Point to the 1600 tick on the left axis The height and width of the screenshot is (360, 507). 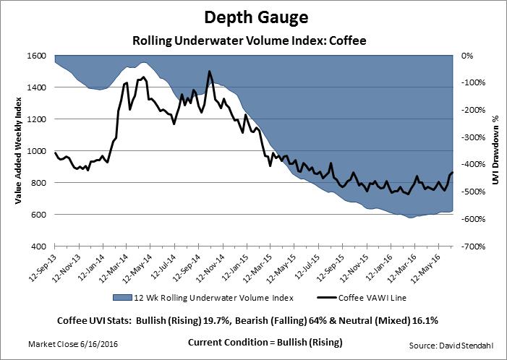pyautogui.click(x=38, y=56)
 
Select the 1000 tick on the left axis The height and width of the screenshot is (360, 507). pyautogui.click(x=38, y=151)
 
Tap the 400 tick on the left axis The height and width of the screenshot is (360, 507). pyautogui.click(x=40, y=247)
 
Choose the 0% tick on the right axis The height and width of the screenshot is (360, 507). pyautogui.click(x=467, y=56)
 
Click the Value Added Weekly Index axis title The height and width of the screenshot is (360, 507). pyautogui.click(x=16, y=151)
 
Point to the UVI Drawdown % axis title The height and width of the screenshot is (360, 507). pyautogui.click(x=496, y=151)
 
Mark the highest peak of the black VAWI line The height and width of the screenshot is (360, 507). pyautogui.click(x=209, y=72)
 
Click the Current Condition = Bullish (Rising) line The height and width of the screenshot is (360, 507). pyautogui.click(x=264, y=341)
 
